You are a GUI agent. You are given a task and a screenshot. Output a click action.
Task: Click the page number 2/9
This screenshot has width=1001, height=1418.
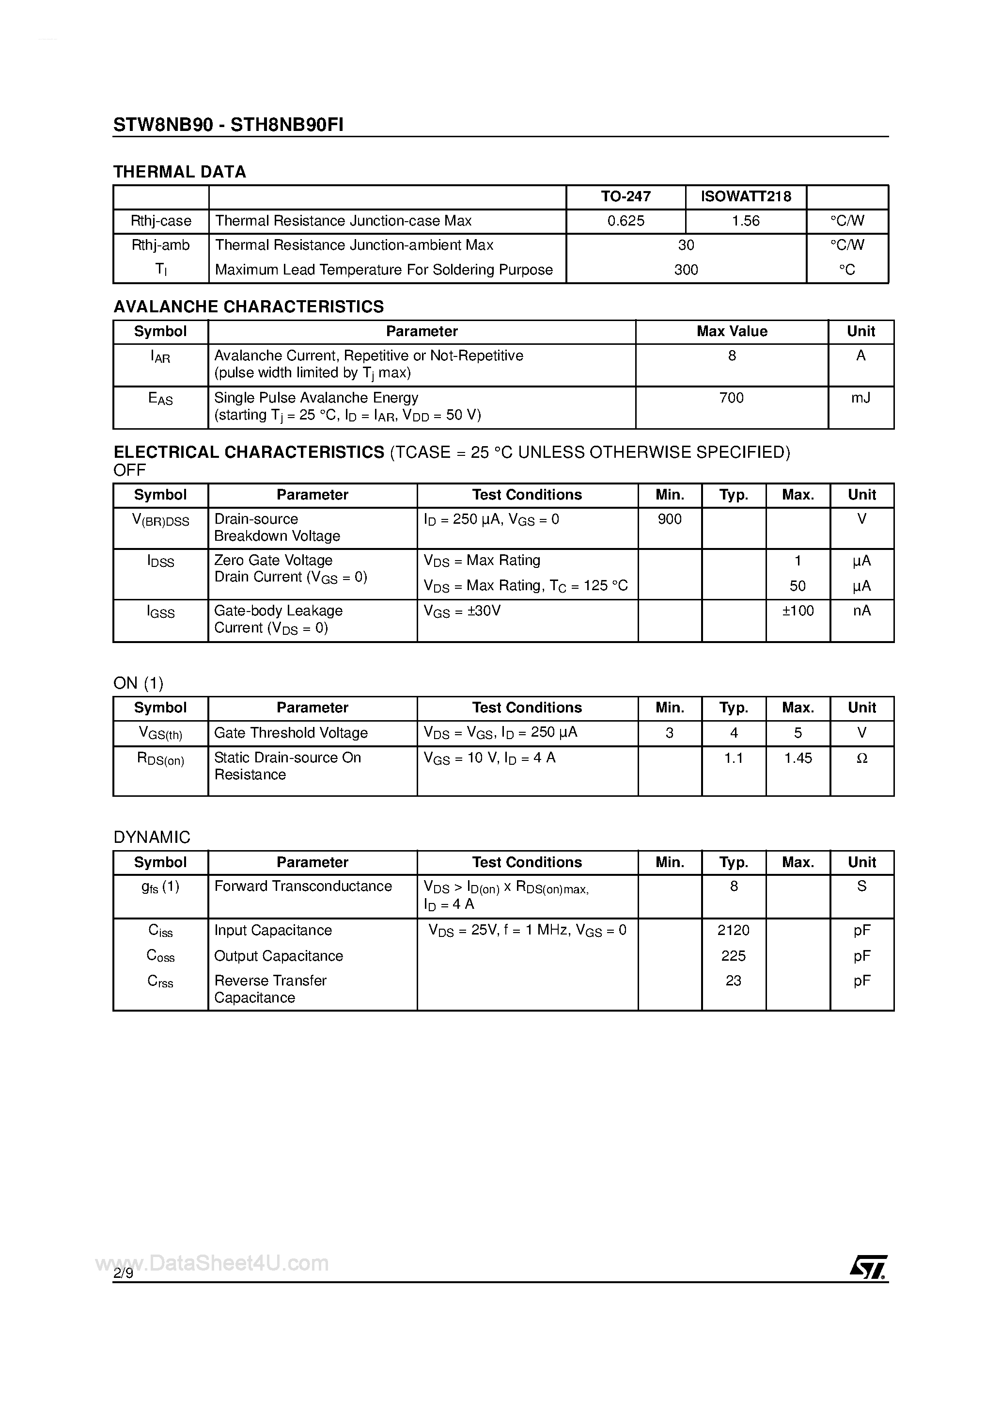tap(123, 1273)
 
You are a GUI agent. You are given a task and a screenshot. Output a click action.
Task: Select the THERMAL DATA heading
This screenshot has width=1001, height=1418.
tap(180, 172)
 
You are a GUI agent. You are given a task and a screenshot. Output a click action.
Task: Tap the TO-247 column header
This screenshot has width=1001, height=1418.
tap(626, 196)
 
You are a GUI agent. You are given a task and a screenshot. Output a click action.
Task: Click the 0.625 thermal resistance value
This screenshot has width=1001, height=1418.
tap(626, 221)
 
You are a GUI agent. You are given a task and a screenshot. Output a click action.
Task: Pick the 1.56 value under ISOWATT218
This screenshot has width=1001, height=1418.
tap(746, 221)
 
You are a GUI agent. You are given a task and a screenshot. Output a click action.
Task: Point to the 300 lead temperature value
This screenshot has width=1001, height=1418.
tap(686, 270)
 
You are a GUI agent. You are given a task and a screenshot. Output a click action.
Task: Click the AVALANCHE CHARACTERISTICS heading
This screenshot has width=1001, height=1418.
tap(249, 306)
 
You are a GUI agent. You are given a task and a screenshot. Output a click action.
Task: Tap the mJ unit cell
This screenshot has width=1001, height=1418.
tap(860, 398)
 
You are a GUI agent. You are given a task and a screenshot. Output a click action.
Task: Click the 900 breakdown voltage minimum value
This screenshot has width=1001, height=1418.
tap(670, 519)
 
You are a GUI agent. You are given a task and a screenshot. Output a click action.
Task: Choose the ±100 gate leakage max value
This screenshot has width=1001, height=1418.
tap(798, 611)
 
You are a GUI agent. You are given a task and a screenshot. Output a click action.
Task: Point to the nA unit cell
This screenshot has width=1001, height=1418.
tap(861, 611)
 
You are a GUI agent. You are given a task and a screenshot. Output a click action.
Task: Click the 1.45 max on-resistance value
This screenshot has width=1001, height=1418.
tap(798, 758)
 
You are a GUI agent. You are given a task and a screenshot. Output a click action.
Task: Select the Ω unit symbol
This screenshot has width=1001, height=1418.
tap(861, 758)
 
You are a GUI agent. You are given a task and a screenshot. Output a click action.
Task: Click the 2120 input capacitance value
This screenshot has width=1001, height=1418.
tap(733, 930)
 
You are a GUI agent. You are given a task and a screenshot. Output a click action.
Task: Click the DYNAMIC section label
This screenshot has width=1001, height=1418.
tap(152, 837)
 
